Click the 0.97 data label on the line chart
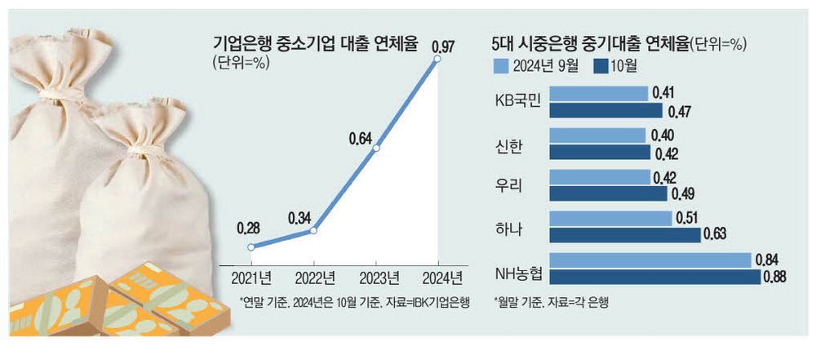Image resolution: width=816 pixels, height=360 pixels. point(445,44)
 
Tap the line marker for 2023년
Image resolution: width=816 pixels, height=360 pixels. point(376,149)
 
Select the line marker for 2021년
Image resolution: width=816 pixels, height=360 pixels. point(251,247)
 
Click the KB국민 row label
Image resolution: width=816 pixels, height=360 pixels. point(520,102)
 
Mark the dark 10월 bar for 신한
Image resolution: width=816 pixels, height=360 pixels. point(600,153)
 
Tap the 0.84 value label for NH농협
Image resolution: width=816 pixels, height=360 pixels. point(767,260)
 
